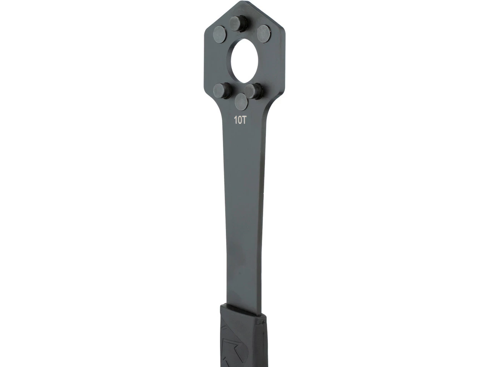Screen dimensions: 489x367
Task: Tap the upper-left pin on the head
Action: [x=220, y=34]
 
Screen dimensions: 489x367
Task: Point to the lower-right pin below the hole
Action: [x=253, y=91]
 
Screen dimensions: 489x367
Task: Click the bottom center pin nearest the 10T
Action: [x=241, y=102]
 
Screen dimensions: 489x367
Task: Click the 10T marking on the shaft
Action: [x=240, y=120]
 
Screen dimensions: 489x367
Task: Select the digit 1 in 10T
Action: [x=235, y=120]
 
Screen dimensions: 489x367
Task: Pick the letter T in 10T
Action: [x=244, y=120]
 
